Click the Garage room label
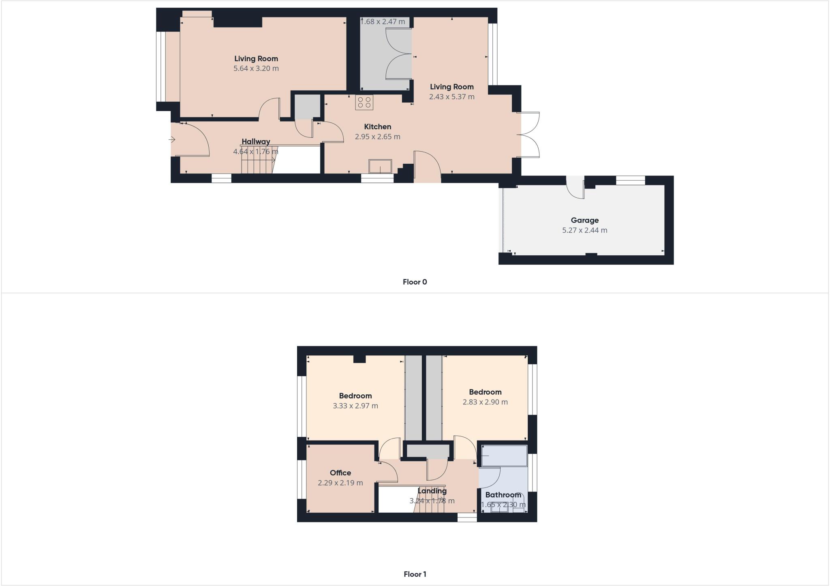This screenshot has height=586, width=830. [584, 220]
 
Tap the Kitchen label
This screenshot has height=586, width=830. [377, 127]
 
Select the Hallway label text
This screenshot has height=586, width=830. [256, 141]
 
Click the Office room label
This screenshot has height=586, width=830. [340, 473]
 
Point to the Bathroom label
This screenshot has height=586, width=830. [503, 495]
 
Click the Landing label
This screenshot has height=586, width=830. [432, 491]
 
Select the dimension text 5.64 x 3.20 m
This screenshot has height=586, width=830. [256, 68]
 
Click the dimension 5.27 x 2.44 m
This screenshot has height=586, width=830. [584, 230]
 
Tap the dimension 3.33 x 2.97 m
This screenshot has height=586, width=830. [355, 406]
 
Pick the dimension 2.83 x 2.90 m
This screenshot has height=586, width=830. [485, 402]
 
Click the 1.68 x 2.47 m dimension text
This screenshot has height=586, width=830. [383, 21]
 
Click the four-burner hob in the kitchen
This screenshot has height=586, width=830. [364, 102]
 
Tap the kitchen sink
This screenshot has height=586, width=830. [380, 166]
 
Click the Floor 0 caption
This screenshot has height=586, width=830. [415, 282]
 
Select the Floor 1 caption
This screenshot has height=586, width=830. [415, 574]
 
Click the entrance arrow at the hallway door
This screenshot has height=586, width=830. [172, 140]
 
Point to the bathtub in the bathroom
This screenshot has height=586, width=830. [504, 456]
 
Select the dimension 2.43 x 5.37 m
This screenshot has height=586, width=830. [451, 97]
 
